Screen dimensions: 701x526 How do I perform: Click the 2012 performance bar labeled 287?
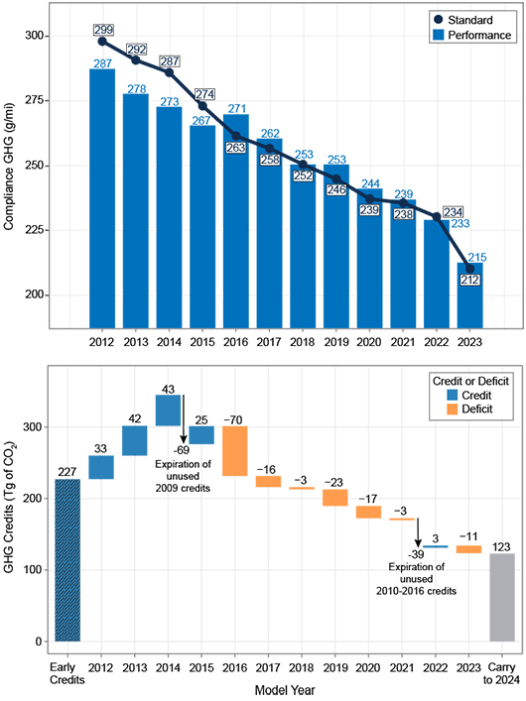point(102,198)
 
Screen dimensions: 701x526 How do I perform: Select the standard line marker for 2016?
point(235,136)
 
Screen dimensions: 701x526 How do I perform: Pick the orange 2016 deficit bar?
point(235,451)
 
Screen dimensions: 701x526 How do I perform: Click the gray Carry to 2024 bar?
point(503,598)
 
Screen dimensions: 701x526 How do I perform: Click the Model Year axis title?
point(284,688)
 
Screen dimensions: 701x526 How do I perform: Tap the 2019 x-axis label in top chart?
point(335,341)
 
